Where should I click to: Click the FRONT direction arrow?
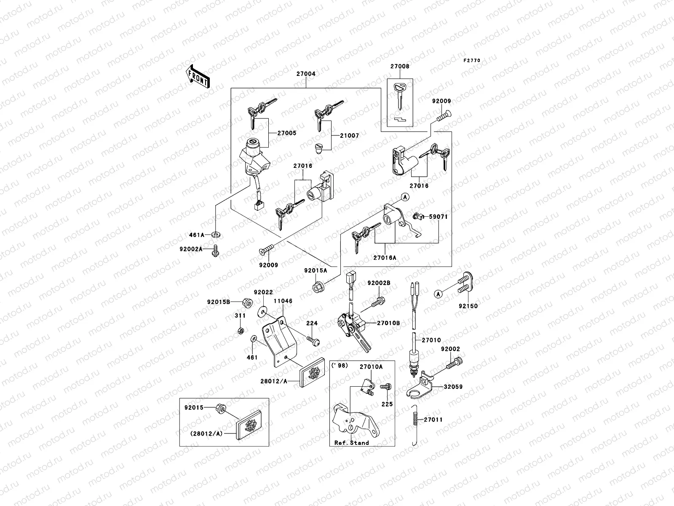[x=198, y=76]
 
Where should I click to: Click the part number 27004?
[x=306, y=74]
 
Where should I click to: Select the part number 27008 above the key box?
[x=399, y=66]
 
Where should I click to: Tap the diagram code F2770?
[x=472, y=61]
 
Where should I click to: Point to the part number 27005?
[x=286, y=133]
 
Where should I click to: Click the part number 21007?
[x=350, y=136]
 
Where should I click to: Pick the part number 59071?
[x=438, y=217]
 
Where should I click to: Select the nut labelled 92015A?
[x=318, y=288]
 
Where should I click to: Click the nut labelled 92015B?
[x=248, y=302]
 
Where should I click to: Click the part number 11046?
[x=283, y=301]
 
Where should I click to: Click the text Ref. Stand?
[x=351, y=443]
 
